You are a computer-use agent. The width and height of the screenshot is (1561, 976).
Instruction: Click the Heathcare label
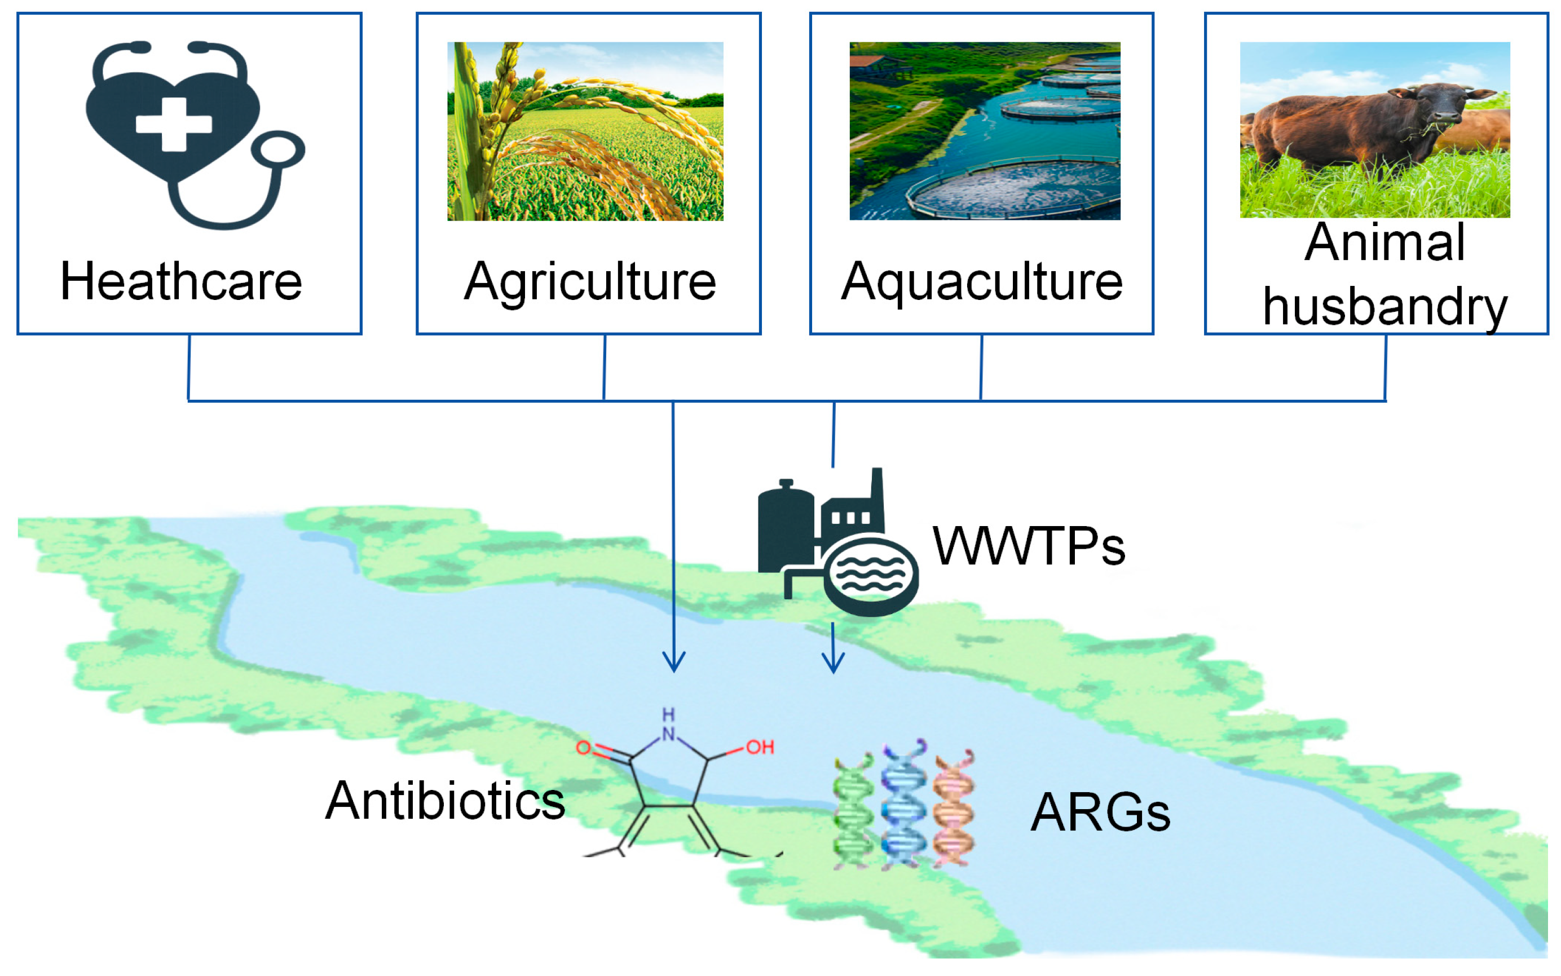pos(181,281)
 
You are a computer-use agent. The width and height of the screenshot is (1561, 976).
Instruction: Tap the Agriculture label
pos(590,281)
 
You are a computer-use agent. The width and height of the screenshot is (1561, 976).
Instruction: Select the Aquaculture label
pos(981,281)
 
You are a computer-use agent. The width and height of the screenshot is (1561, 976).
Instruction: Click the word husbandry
pos(1384,307)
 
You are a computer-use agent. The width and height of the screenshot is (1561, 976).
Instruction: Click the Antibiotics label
pos(446,801)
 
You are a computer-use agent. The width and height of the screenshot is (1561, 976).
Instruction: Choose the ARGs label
pos(1100,812)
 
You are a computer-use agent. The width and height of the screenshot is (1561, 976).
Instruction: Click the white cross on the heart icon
pos(174,124)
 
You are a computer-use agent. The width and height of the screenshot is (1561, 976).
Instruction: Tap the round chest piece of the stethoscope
pos(278,150)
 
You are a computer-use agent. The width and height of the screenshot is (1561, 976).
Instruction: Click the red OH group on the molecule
pos(760,748)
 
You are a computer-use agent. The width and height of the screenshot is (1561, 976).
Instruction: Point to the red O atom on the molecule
pos(583,748)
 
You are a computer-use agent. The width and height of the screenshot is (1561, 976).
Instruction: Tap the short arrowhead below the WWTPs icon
pos(833,665)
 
